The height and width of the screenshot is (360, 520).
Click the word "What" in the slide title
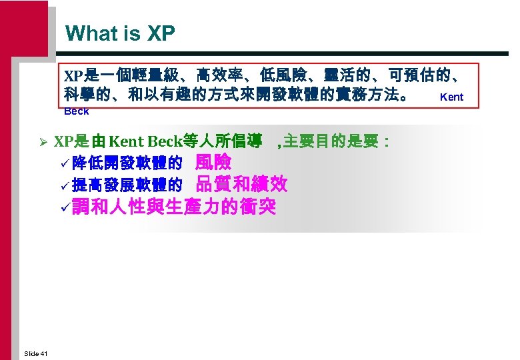[x=91, y=33]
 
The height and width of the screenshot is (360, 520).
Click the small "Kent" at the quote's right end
[x=451, y=97]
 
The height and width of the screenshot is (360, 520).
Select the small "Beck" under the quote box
[x=77, y=111]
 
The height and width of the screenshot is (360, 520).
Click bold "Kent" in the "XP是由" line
[x=127, y=141]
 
